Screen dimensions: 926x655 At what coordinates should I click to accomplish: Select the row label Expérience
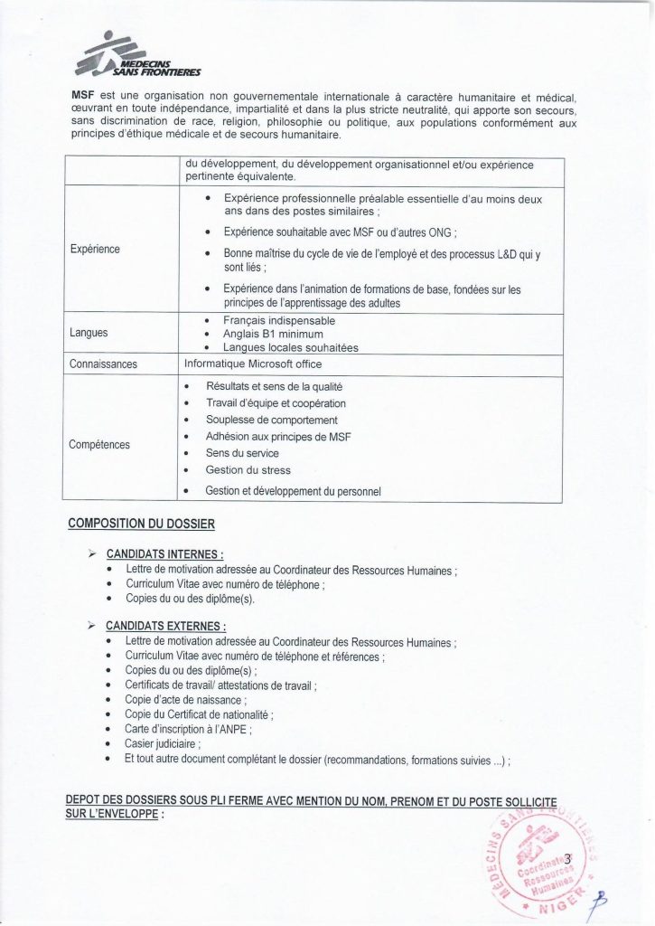95,249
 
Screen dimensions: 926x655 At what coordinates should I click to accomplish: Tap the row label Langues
89,333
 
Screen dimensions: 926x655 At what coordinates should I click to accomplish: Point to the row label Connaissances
104,364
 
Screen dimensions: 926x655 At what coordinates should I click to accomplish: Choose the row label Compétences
99,445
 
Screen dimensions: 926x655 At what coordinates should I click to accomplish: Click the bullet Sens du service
242,453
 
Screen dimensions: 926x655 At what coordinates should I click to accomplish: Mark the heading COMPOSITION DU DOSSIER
142,524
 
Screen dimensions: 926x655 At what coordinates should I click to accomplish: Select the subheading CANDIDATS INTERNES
164,554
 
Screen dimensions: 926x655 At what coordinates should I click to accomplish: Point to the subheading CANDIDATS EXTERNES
165,625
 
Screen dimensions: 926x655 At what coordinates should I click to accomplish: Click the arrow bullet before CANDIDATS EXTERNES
91,625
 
